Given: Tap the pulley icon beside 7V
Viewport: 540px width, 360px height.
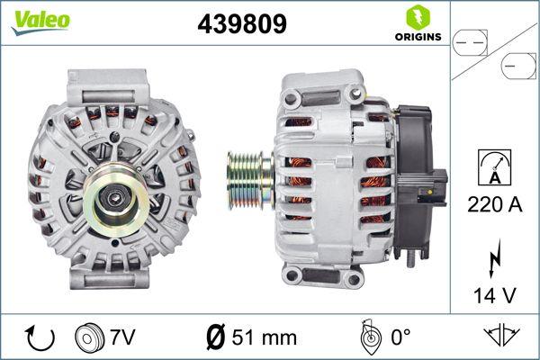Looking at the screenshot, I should [x=90, y=337].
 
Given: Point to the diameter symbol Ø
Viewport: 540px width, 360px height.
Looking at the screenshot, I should [x=217, y=337].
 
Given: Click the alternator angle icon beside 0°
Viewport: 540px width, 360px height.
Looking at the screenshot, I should [x=366, y=337].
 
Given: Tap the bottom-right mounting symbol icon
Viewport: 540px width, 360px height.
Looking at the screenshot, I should [x=500, y=337].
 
